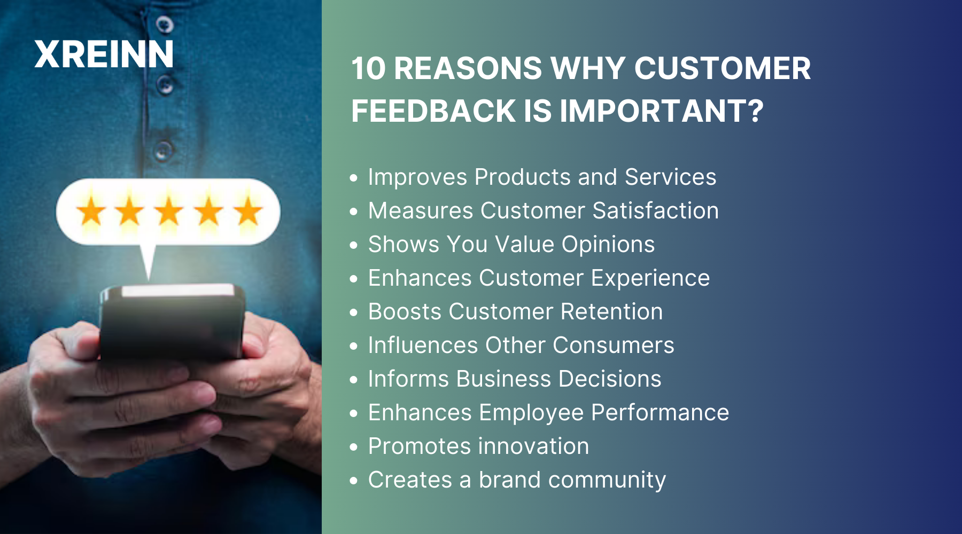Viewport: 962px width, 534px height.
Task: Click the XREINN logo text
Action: click(x=104, y=54)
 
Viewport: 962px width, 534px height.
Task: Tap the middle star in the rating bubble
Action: click(x=169, y=211)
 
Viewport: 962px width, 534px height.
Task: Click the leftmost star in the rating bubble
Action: click(x=91, y=211)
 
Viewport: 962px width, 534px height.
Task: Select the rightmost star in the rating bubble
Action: click(x=247, y=211)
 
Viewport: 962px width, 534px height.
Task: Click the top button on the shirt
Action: click(x=165, y=24)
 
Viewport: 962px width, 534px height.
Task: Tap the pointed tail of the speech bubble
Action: click(x=148, y=262)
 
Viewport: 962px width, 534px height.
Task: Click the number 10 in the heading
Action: click(x=368, y=69)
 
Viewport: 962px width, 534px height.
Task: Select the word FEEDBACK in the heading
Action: click(x=433, y=111)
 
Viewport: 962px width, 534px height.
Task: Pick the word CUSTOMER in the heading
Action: click(x=722, y=69)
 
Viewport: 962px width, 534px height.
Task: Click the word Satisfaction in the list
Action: click(x=655, y=210)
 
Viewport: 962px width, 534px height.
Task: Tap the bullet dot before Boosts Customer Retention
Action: click(x=353, y=312)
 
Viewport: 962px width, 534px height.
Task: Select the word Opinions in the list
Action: click(x=608, y=245)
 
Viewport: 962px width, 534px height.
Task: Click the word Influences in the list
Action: click(x=423, y=345)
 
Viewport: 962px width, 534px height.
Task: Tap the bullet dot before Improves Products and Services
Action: click(x=353, y=177)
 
